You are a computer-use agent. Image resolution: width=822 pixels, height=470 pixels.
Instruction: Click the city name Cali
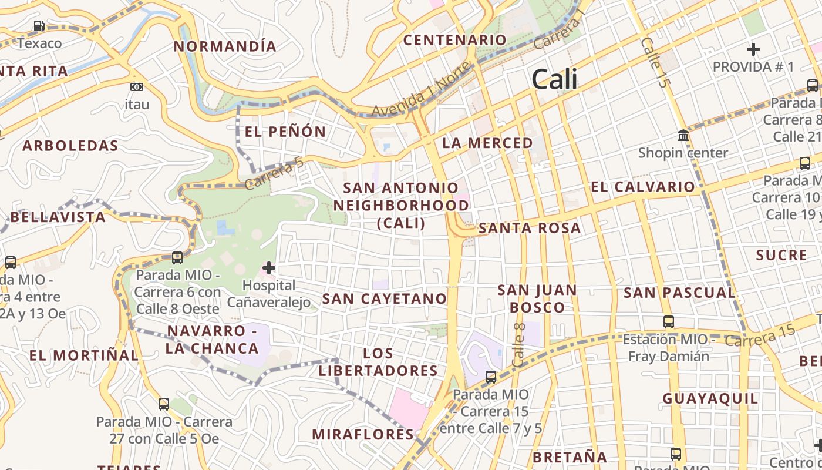click(x=554, y=79)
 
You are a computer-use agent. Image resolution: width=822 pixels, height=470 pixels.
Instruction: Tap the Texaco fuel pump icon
click(x=39, y=26)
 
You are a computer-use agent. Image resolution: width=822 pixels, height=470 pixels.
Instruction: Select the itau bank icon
click(x=137, y=87)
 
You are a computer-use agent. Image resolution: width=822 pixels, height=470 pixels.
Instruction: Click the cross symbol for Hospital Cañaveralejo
click(x=269, y=268)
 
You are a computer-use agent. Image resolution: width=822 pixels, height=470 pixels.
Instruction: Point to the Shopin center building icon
click(x=683, y=136)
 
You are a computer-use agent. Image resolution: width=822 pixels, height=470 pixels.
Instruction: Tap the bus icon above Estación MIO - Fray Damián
click(x=669, y=321)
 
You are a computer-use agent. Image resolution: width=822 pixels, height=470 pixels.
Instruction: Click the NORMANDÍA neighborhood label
click(x=225, y=46)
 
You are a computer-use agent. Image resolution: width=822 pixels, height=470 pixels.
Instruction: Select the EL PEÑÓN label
click(x=285, y=132)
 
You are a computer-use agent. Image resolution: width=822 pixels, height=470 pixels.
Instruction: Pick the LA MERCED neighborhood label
click(x=487, y=143)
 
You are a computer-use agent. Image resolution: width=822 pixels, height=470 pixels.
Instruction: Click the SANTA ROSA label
click(x=530, y=229)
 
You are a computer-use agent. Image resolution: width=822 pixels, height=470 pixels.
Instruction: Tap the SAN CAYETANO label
click(x=385, y=298)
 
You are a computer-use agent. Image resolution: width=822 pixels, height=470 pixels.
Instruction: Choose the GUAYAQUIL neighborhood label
click(x=710, y=399)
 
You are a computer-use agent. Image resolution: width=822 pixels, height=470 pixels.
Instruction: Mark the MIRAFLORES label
click(x=363, y=435)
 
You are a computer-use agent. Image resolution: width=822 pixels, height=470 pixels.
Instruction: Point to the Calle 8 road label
click(x=518, y=345)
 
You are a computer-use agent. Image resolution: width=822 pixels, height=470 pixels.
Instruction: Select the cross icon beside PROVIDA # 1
click(x=753, y=49)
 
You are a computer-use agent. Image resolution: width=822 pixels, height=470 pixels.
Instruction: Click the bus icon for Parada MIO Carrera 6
click(x=177, y=257)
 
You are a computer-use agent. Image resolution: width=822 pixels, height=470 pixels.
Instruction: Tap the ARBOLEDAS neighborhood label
click(x=70, y=146)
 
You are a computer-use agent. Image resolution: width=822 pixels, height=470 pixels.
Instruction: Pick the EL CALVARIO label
click(x=643, y=187)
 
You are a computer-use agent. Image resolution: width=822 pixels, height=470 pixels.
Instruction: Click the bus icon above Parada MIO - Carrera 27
click(x=164, y=404)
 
